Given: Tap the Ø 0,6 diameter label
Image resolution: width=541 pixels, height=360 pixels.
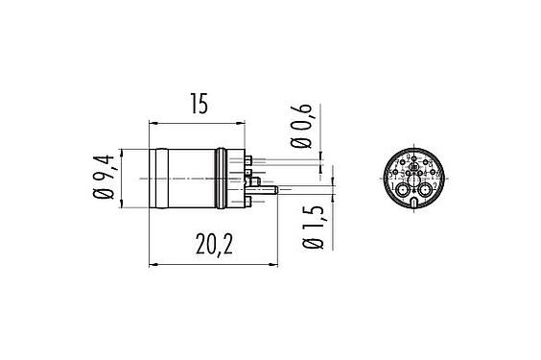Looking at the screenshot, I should (305, 127).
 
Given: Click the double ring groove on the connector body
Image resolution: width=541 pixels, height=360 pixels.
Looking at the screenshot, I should (224, 180).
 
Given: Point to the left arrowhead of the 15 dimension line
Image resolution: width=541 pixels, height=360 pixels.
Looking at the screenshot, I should (154, 124).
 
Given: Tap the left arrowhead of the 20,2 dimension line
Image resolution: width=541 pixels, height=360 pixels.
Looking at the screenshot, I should (154, 265).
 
